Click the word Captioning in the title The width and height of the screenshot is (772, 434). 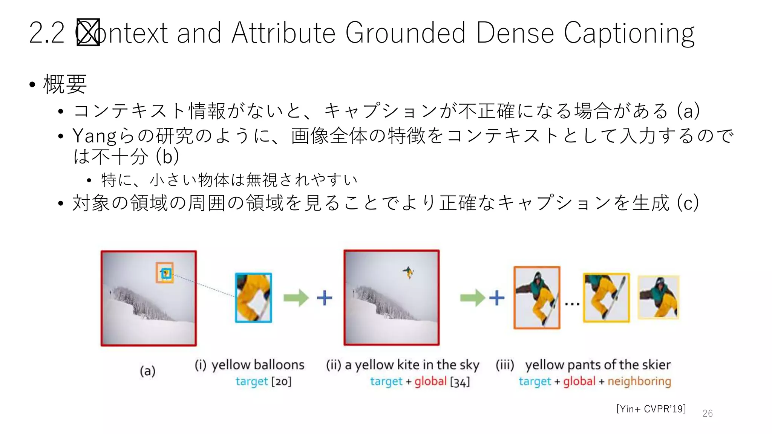pyautogui.click(x=629, y=33)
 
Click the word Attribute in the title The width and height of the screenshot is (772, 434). pyautogui.click(x=283, y=33)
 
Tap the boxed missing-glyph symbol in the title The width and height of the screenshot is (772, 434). pyautogui.click(x=88, y=32)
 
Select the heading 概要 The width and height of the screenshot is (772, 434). pyautogui.click(x=65, y=84)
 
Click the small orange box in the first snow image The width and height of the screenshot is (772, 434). pyautogui.click(x=165, y=273)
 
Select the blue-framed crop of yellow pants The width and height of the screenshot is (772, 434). pyautogui.click(x=253, y=298)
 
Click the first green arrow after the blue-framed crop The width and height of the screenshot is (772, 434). pyautogui.click(x=296, y=298)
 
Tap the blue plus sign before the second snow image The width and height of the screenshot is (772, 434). pyautogui.click(x=324, y=298)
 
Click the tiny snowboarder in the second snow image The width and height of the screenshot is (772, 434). pyautogui.click(x=408, y=272)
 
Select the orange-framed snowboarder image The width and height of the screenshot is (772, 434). pyautogui.click(x=537, y=298)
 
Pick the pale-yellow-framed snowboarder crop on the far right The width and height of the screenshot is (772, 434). pyautogui.click(x=658, y=298)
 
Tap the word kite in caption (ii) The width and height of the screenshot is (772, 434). pyautogui.click(x=408, y=365)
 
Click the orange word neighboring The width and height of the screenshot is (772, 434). pyautogui.click(x=639, y=381)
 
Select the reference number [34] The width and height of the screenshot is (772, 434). pyautogui.click(x=460, y=382)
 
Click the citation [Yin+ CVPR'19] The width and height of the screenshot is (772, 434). pyautogui.click(x=651, y=409)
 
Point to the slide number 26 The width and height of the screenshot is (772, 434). pyautogui.click(x=707, y=413)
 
